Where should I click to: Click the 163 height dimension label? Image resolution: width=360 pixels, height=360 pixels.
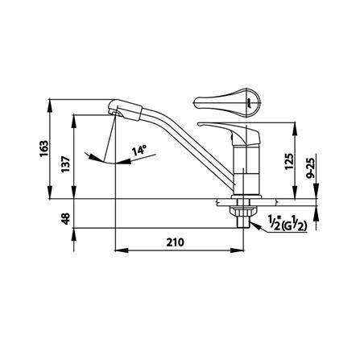point(43,148)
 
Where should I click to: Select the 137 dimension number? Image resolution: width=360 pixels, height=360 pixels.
point(66,164)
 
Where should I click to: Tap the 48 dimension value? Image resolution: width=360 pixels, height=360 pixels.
point(66,218)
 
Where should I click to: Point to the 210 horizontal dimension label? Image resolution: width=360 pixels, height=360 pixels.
point(175,242)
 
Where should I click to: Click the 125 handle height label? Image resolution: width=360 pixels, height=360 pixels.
point(289,161)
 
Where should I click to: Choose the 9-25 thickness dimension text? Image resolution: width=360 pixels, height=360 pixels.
point(311,168)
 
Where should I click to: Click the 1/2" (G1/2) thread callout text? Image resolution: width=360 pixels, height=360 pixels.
point(287,223)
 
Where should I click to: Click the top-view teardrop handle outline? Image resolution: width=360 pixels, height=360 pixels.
point(227,102)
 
